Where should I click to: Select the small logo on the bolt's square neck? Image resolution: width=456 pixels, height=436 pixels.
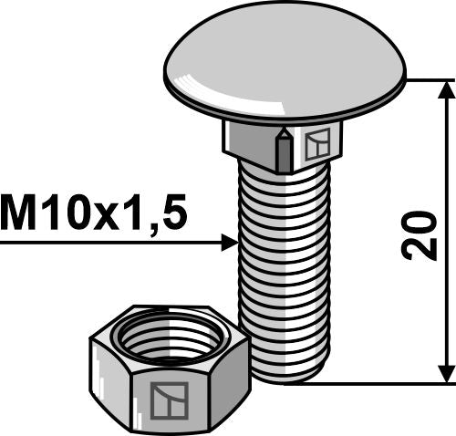(318, 144)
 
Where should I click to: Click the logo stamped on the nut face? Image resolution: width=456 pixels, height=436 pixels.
(170, 400)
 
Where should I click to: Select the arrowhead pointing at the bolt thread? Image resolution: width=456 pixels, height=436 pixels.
(229, 243)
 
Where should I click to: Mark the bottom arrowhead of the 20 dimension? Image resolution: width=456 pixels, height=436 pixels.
(446, 373)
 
